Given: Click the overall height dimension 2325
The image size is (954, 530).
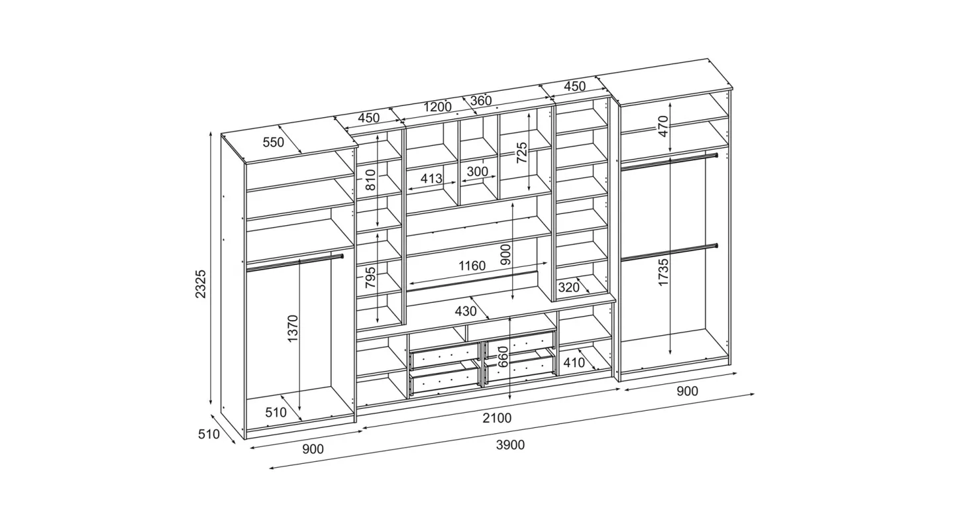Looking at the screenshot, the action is coord(201,284).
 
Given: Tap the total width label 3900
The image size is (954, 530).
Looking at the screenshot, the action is coord(510,445).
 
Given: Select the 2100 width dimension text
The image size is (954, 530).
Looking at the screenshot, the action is coord(497,418).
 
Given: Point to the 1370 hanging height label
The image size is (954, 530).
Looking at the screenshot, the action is coord(293,329).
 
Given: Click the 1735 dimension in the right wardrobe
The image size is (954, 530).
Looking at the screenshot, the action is coord(664,272).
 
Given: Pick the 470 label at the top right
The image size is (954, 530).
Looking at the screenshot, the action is coord(664,127).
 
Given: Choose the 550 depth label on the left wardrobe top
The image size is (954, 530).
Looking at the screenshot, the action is coord(273,142).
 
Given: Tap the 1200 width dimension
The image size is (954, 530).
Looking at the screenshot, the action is coord(437,107).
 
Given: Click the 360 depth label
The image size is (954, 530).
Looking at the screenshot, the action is coord(481,101).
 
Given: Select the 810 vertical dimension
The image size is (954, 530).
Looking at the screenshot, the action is coord(370,180).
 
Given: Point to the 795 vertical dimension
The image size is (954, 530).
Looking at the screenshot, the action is coord(370,277).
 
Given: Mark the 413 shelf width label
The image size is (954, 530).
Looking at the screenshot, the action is coord(431,178).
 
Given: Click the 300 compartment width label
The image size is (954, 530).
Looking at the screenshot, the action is coord(478,172).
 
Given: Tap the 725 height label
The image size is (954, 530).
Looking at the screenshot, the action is coord(522,152).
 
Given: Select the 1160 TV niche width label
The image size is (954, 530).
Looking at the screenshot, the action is coord(472,266).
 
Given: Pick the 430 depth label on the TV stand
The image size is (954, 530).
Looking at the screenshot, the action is coord(466,311).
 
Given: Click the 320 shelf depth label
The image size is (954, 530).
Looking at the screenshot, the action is coord(569,288).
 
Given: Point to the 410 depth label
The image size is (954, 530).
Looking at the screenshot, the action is coord(574,362).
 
